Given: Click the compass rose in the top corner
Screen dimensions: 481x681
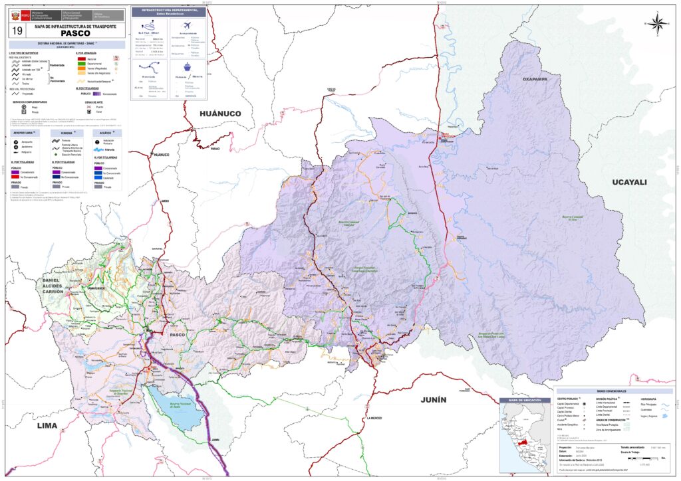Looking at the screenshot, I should click(x=656, y=23).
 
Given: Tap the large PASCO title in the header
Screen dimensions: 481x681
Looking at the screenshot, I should click(x=74, y=33).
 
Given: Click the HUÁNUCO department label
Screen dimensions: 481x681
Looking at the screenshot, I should click(x=221, y=114).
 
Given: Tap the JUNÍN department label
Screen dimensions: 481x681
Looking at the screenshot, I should click(x=433, y=399).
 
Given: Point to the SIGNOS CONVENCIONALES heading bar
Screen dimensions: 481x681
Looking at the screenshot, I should click(x=613, y=391).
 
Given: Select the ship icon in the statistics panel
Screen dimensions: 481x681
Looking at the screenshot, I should click(x=187, y=66).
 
